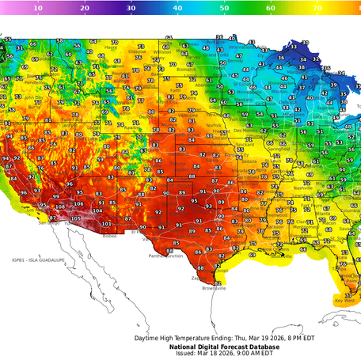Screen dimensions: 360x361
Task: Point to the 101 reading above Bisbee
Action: (107, 224)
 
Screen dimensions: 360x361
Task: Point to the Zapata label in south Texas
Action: (196, 279)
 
